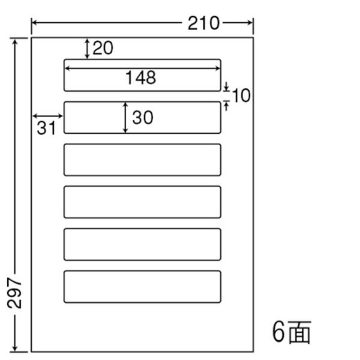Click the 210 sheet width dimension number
203,23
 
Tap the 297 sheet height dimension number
14,293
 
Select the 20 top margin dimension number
103,48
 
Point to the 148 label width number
141,77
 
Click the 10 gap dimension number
241,95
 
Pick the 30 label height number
143,118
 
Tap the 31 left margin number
46,128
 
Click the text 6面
292,332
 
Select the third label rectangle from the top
142,144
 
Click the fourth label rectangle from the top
142,187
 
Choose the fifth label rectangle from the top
142,229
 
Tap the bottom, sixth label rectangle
142,271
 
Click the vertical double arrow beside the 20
87,49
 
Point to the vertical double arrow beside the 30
125,118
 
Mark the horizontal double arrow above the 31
48,116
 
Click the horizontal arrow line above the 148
142,68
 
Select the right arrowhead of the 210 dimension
250,23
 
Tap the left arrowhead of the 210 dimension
35,23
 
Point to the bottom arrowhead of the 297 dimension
15,347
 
